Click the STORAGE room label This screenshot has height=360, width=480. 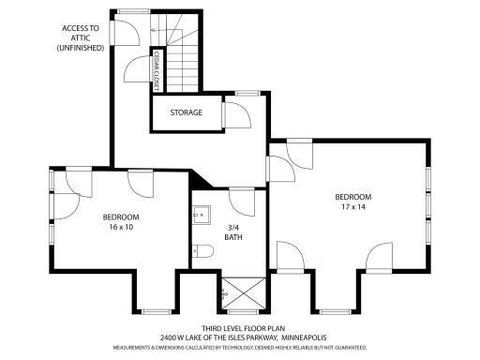click(186, 112)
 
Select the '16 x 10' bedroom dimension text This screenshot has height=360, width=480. click(121, 226)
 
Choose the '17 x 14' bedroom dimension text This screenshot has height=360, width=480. click(353, 206)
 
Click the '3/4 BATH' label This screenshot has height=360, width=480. click(233, 232)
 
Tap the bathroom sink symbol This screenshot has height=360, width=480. click(200, 213)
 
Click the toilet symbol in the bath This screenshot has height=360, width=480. click(201, 251)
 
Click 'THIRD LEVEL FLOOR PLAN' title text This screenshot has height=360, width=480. click(238, 327)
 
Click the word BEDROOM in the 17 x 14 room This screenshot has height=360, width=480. click(353, 196)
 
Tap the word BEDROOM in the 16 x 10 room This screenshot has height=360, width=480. click(121, 217)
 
